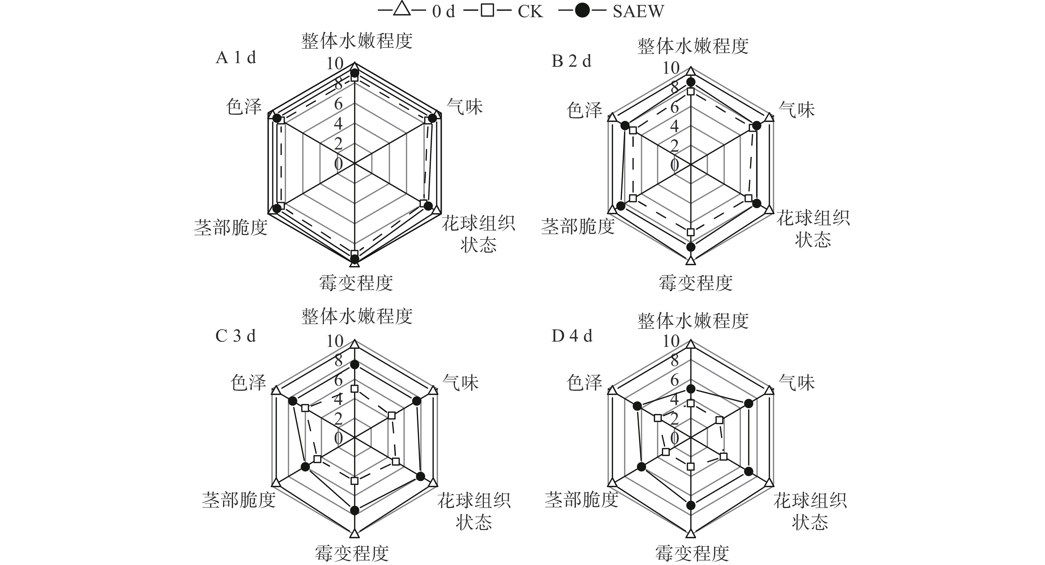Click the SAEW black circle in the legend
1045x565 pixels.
[582, 11]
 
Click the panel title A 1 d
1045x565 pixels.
[236, 58]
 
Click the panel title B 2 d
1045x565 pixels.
[571, 61]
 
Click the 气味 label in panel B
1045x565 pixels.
[797, 110]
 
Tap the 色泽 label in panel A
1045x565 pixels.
[244, 106]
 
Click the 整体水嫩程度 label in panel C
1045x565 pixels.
[357, 317]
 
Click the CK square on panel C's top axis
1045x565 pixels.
[354, 389]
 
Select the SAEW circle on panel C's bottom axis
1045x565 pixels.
[354, 510]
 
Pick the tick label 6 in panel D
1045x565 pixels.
[674, 381]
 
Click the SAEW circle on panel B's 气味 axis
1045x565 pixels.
[757, 125]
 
